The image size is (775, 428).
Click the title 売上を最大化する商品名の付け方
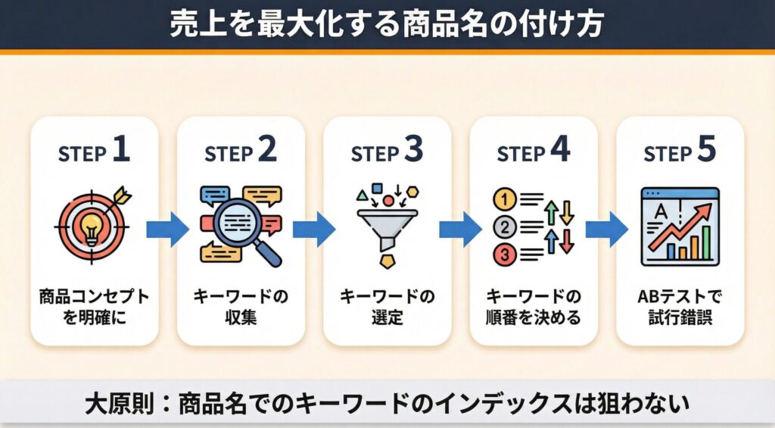[x=387, y=24]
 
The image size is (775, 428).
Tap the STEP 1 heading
[x=94, y=152]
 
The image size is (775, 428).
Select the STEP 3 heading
[x=387, y=152]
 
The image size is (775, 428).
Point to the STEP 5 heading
[x=679, y=152]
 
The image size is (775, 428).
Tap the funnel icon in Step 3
[x=387, y=224]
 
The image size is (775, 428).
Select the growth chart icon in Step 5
[x=679, y=226]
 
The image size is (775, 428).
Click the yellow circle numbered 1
[x=503, y=200]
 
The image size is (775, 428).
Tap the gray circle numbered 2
[x=503, y=227]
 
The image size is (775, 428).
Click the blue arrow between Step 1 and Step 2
[x=167, y=229]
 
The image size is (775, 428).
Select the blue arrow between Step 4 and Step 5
[x=606, y=229]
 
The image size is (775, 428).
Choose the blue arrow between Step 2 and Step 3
[x=313, y=229]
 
